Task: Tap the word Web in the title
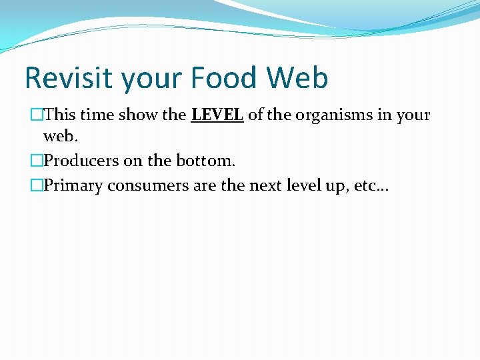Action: (x=297, y=78)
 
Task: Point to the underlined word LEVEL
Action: (x=217, y=115)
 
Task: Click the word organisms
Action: (x=333, y=115)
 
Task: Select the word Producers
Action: (x=81, y=161)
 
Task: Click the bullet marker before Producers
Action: (x=37, y=161)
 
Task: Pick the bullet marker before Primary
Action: (x=37, y=185)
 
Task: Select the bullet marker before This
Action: (x=37, y=115)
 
